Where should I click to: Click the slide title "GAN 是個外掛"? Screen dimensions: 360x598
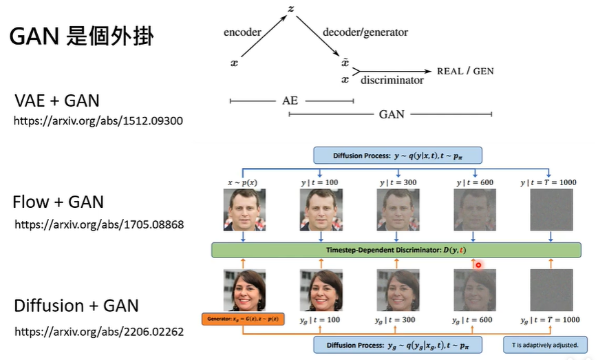(x=81, y=36)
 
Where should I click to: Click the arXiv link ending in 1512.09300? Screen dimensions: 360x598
(x=98, y=120)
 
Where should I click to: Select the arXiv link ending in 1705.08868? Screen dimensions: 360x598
(x=98, y=224)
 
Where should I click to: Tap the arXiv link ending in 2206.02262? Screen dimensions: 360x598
(x=98, y=331)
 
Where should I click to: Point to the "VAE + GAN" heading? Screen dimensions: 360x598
(x=57, y=100)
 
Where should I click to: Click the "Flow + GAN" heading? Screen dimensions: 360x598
(x=58, y=202)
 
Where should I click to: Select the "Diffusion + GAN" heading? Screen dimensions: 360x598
(x=76, y=305)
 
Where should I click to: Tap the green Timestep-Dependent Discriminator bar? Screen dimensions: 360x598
(x=396, y=249)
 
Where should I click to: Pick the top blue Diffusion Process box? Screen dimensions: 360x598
(x=398, y=155)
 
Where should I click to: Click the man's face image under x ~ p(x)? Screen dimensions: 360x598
(x=244, y=210)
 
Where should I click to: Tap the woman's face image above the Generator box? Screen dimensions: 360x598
(x=244, y=290)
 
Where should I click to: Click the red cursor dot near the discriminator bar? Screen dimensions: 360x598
(x=478, y=265)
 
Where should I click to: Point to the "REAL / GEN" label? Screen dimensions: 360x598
(x=465, y=71)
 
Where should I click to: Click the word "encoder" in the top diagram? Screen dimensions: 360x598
(x=242, y=32)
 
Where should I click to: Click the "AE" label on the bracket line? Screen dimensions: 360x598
(x=290, y=100)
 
